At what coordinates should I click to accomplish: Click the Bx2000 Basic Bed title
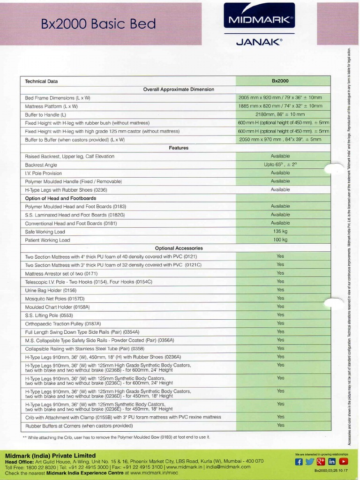click(x=98, y=24)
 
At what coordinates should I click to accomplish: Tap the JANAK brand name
click(x=259, y=42)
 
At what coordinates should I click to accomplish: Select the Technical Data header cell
click(x=41, y=81)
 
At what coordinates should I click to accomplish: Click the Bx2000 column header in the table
click(x=280, y=81)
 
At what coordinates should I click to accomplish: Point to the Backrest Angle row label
click(x=41, y=165)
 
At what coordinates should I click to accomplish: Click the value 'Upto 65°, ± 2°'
click(x=280, y=165)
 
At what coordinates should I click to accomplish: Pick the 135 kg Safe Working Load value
click(x=280, y=232)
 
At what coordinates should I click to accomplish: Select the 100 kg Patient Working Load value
click(x=280, y=240)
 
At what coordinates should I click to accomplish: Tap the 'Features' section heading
click(x=179, y=148)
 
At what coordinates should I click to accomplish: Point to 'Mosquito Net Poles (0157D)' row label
click(x=54, y=299)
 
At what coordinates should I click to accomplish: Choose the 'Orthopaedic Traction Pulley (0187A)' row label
click(x=63, y=324)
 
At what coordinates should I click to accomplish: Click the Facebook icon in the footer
click(x=299, y=462)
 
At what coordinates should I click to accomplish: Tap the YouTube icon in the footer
click(x=344, y=462)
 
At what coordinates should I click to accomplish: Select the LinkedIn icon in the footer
click(x=332, y=462)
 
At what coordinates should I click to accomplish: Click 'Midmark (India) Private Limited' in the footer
click(x=50, y=456)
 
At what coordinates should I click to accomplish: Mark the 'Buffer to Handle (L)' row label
click(x=45, y=114)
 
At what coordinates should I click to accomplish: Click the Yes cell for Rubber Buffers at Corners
click(x=280, y=425)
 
